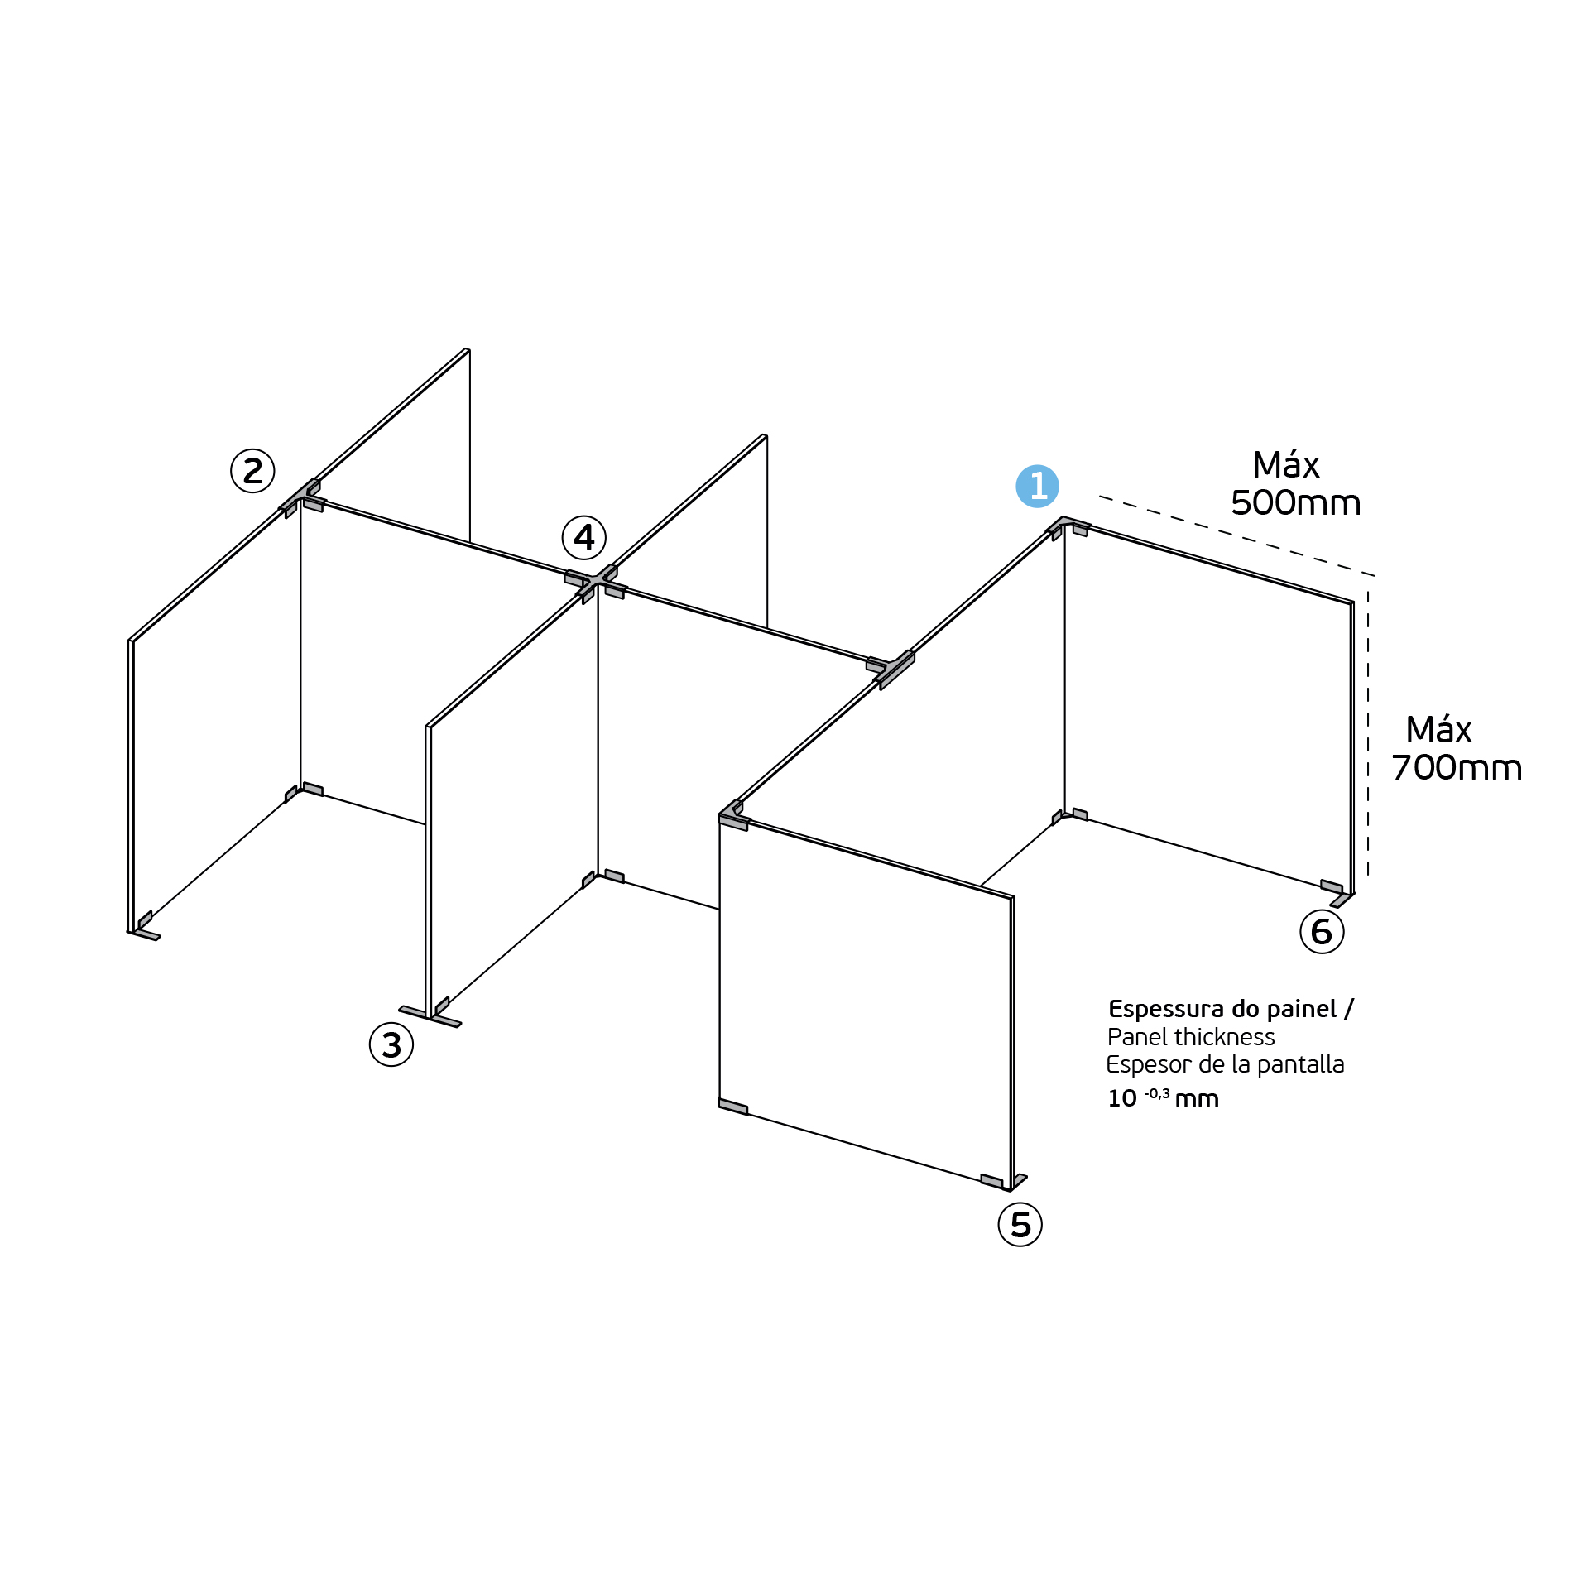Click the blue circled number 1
[1037, 486]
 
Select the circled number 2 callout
[252, 471]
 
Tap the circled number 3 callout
[391, 1044]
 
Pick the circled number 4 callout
[584, 538]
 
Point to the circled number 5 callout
[1020, 1225]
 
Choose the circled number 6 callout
[1322, 931]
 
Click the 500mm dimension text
[1296, 503]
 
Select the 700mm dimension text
[1457, 768]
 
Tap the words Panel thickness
[1191, 1037]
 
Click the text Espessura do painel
[1222, 1009]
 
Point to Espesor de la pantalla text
[1225, 1065]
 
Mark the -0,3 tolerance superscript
[1157, 1094]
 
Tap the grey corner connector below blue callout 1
[1068, 527]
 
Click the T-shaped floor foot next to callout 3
[430, 1015]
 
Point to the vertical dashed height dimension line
[1368, 733]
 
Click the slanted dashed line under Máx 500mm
[1237, 536]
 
